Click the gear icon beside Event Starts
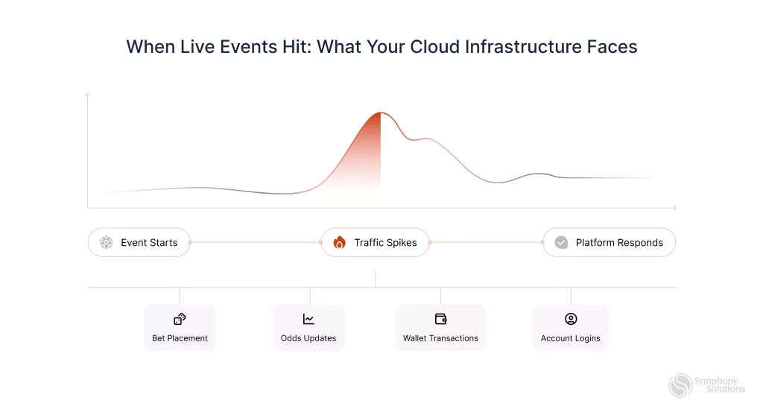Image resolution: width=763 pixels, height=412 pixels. tap(106, 242)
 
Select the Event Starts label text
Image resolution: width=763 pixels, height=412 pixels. tap(149, 243)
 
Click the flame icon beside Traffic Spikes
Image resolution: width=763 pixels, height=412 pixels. tap(339, 242)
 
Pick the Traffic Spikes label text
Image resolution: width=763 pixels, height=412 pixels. tap(385, 243)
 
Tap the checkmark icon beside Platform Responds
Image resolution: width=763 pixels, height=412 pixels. tap(561, 242)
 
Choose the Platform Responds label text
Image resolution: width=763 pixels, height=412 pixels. tap(619, 243)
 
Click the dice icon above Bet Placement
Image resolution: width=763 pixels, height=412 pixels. tap(180, 319)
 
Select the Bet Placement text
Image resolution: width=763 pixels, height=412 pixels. tap(180, 338)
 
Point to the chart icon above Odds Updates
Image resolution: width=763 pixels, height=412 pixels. tap(308, 319)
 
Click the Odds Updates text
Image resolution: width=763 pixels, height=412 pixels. tap(308, 338)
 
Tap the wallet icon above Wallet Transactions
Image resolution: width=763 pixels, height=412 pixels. tap(440, 319)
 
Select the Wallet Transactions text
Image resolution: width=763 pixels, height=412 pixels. tap(440, 338)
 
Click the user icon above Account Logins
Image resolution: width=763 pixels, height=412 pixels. tap(571, 319)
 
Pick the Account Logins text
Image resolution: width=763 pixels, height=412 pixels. tap(571, 338)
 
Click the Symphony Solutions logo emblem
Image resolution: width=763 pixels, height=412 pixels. tap(680, 385)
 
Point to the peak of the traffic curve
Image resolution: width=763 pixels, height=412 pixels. tap(381, 112)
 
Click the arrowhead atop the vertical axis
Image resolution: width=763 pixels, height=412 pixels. tap(88, 95)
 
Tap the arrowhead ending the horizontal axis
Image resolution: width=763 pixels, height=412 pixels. tap(674, 208)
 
